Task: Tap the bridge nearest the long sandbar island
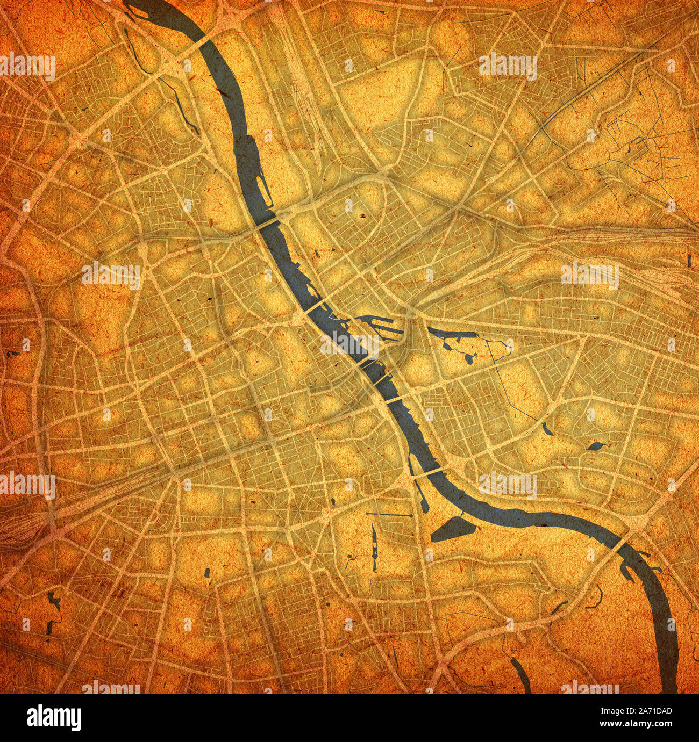click(x=269, y=222)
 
